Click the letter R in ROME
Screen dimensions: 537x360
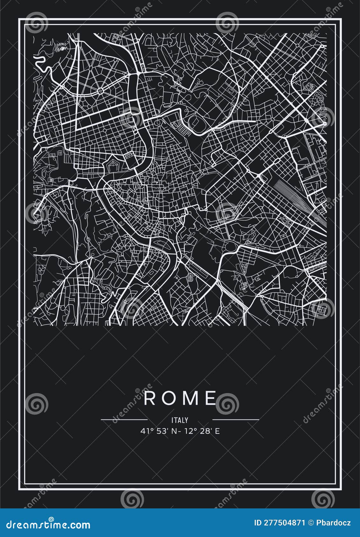(x=149, y=398)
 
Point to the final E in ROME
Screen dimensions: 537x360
(x=210, y=398)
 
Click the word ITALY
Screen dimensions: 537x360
(x=180, y=420)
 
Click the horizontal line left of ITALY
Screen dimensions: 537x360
(x=124, y=419)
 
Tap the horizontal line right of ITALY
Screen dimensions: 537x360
(x=236, y=419)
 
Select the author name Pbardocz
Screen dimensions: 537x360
(x=334, y=523)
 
